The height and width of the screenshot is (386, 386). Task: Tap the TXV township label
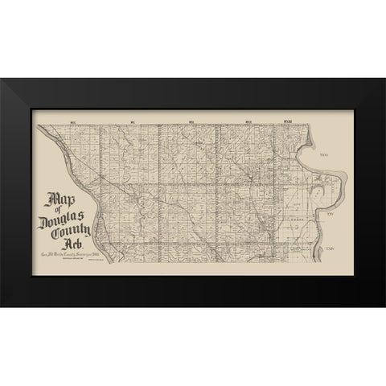pos(329,215)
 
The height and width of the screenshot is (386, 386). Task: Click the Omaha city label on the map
pos(305,218)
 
